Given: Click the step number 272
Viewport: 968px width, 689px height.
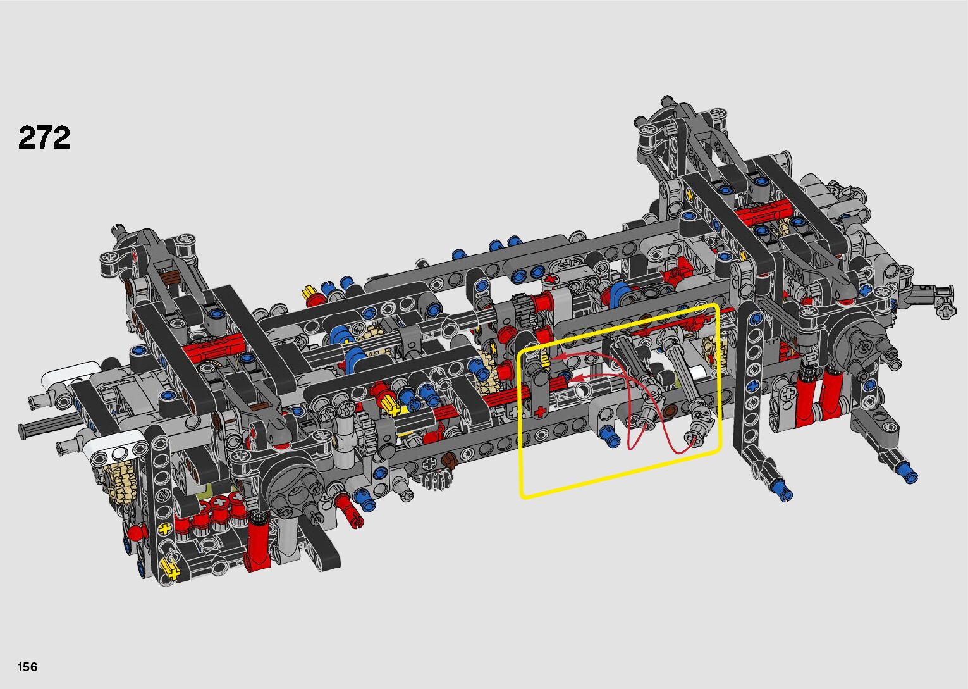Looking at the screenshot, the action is [x=44, y=138].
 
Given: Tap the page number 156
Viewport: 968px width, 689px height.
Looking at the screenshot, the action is [x=28, y=666].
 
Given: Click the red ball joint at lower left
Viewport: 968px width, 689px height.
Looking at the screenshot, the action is [x=135, y=533].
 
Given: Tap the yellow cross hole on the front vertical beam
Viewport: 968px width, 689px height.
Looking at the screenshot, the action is [x=164, y=528].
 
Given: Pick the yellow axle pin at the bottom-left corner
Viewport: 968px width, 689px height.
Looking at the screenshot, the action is [x=171, y=568].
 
